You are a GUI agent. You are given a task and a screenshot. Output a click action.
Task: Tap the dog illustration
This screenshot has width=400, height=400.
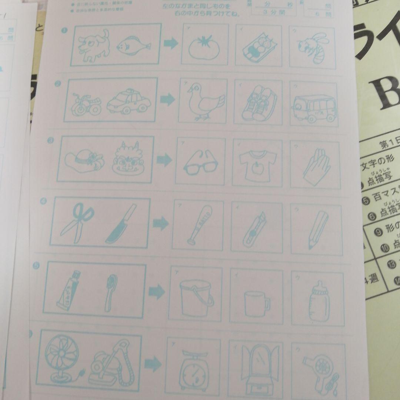pos(94,45)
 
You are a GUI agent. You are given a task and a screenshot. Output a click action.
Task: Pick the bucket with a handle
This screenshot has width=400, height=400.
pos(196,294)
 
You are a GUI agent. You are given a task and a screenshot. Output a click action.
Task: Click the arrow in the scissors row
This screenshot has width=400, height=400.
pos(160,224)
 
